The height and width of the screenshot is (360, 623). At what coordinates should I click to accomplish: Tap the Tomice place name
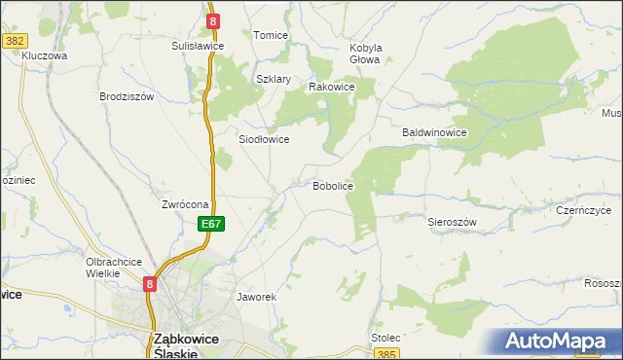271,35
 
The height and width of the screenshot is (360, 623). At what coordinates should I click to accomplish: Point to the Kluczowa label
44,56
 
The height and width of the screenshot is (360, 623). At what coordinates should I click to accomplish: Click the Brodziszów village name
128,96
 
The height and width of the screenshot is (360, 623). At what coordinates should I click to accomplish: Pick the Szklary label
274,79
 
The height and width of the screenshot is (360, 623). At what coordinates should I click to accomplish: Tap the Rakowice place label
331,87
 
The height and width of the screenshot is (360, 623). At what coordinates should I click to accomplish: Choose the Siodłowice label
264,139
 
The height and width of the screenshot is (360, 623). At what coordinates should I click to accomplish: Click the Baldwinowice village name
435,132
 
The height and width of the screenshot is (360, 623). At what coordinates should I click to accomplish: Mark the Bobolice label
332,185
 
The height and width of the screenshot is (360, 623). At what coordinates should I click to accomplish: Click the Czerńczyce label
583,210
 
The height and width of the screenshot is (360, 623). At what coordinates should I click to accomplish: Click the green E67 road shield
213,224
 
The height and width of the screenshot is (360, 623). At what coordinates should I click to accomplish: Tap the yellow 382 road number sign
14,41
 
